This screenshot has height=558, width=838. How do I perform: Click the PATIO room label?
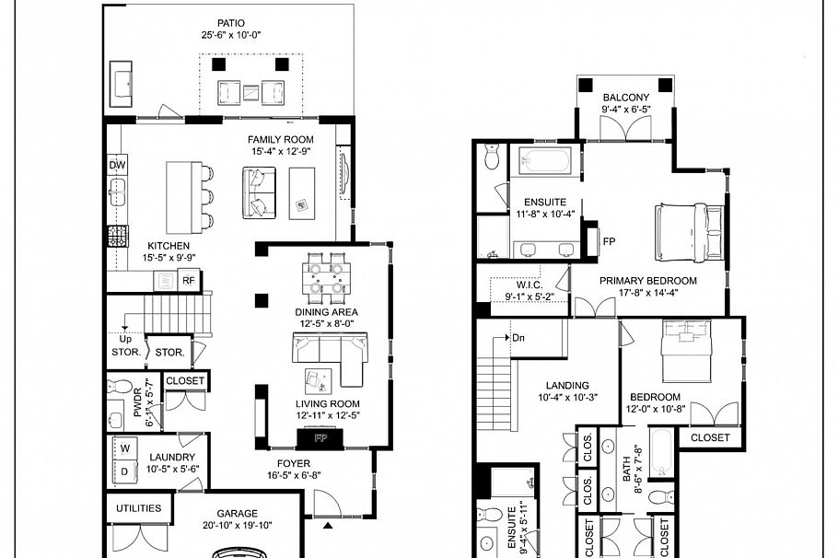pos(230,23)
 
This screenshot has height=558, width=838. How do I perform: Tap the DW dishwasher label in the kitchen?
pos(117,166)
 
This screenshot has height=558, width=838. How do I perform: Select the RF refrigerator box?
pos(188,282)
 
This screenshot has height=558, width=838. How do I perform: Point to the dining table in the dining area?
pos(326,278)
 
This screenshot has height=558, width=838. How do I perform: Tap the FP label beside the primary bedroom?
pos(609,242)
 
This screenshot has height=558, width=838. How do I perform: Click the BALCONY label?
pos(626,98)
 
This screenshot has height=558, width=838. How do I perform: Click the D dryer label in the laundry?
pos(122,472)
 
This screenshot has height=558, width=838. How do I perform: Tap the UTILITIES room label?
pos(138,508)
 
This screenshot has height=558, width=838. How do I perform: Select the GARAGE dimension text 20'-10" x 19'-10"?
pos(237,528)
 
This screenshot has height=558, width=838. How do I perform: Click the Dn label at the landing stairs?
pos(518,337)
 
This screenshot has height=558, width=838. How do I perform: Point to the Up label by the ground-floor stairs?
pos(125,338)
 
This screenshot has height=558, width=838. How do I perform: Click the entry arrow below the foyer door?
pos(329,526)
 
